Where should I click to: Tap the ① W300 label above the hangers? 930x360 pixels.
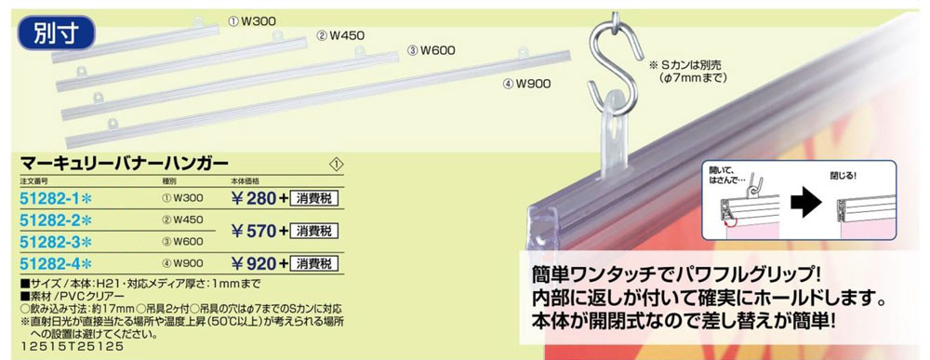pos(253,19)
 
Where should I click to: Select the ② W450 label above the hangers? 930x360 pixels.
pos(339,35)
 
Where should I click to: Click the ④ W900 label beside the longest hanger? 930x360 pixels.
pos(527,83)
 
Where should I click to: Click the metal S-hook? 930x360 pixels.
pos(615,57)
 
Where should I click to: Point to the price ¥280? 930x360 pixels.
pos(254,197)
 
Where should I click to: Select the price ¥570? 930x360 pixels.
pos(254,231)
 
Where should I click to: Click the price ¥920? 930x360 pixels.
pos(254,263)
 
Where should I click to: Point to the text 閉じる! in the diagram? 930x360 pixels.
pos(845,173)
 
